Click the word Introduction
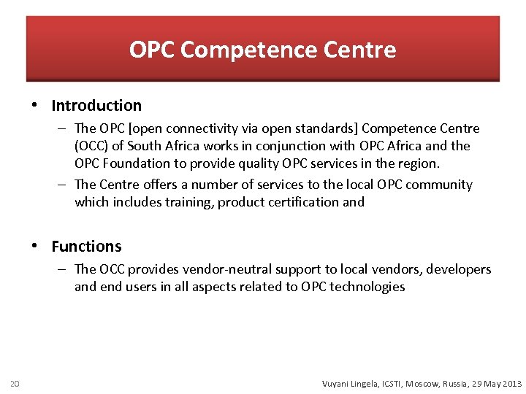[96, 106]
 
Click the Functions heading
[86, 247]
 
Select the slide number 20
[15, 383]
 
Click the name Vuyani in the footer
[338, 383]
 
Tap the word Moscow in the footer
[423, 383]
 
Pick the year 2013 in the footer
[510, 383]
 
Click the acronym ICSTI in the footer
[388, 383]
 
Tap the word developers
[459, 269]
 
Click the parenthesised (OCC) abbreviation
[91, 146]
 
